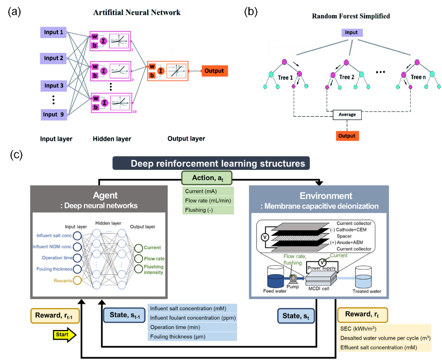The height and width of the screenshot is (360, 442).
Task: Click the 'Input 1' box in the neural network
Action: [x=54, y=33]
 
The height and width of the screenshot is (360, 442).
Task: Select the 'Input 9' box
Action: [x=54, y=114]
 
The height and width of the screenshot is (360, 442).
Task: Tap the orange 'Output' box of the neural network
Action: [x=214, y=71]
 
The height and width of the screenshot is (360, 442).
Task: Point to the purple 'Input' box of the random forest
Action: [x=352, y=33]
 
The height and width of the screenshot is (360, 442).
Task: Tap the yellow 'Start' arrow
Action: [x=62, y=336]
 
